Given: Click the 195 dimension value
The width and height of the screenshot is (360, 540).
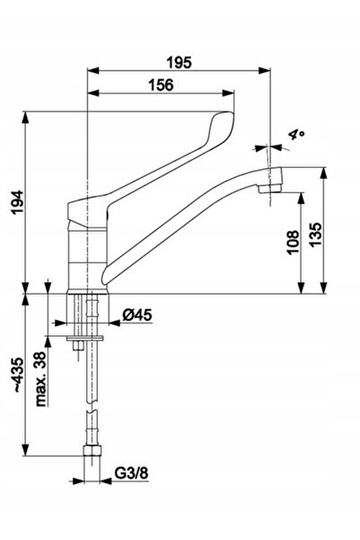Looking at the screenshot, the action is pyautogui.click(x=179, y=63).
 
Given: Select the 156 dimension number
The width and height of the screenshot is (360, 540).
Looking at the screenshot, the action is pyautogui.click(x=161, y=85).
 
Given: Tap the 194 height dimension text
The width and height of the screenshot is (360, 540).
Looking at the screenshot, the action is pyautogui.click(x=17, y=202).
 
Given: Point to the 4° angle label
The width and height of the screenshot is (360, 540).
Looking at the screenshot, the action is pyautogui.click(x=296, y=134).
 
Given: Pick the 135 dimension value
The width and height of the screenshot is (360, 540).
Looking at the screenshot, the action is pyautogui.click(x=315, y=235).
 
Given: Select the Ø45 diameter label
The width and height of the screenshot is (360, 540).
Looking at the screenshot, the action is pyautogui.click(x=137, y=314).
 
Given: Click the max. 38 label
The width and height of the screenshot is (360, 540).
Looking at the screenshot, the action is pyautogui.click(x=41, y=379).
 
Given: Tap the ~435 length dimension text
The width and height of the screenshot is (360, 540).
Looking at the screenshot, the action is pyautogui.click(x=18, y=375).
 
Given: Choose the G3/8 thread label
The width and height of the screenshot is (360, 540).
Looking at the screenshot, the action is pyautogui.click(x=131, y=474).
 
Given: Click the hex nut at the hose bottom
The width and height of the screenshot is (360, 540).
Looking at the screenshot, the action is pyautogui.click(x=92, y=451).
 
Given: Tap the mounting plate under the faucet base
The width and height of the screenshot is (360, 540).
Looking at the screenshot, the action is pyautogui.click(x=85, y=338).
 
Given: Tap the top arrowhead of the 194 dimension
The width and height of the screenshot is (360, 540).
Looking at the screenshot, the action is pyautogui.click(x=26, y=118).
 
